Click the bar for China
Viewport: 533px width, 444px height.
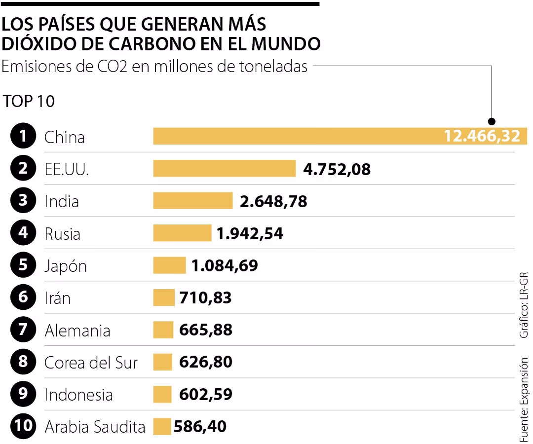coord(296,136)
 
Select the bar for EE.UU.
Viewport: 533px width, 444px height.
coord(224,169)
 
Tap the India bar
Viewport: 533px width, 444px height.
coord(192,201)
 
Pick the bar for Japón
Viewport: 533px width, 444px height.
coord(169,265)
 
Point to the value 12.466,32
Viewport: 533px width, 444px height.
coord(482,136)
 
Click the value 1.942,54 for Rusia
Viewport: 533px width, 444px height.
coord(250,233)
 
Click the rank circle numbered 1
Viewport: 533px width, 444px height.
coord(23,137)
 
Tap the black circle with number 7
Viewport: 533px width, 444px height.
coord(23,330)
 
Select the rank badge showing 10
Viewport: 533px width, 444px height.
coord(23,427)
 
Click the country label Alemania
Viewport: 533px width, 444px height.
coord(77,331)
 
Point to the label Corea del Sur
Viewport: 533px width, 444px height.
coord(91,363)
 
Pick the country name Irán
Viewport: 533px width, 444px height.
coord(57,298)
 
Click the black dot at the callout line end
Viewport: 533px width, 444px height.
coord(491,121)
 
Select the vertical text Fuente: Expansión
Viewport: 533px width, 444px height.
coord(523,400)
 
